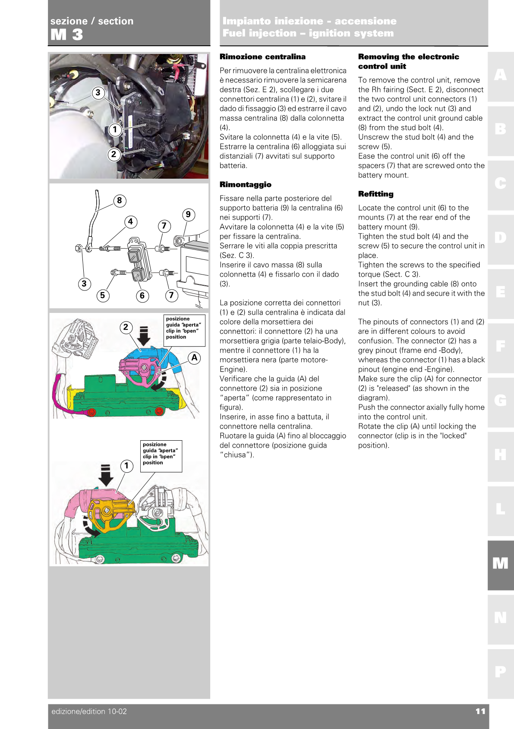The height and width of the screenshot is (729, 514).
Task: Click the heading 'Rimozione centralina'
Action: pyautogui.click(x=262, y=57)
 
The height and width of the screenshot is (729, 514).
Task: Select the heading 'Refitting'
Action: pyautogui.click(x=375, y=194)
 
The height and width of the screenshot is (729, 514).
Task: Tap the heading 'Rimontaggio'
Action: pyautogui.click(x=245, y=184)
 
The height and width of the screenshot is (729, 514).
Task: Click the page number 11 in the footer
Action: pyautogui.click(x=480, y=711)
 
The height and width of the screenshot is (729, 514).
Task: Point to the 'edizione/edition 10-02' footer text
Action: pyautogui.click(x=89, y=711)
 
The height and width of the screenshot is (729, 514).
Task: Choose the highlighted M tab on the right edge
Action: pyautogui.click(x=500, y=564)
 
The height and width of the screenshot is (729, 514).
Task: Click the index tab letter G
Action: pyautogui.click(x=500, y=401)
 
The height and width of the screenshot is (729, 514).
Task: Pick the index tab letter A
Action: pyautogui.click(x=500, y=75)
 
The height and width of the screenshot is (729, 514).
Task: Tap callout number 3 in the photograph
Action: pyautogui.click(x=98, y=92)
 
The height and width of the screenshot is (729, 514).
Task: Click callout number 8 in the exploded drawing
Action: pyautogui.click(x=120, y=200)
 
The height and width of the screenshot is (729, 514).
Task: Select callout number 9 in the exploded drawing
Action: pyautogui.click(x=188, y=215)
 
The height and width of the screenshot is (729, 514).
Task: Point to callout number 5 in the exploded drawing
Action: pyautogui.click(x=102, y=295)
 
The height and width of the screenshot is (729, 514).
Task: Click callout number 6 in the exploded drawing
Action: pyautogui.click(x=142, y=296)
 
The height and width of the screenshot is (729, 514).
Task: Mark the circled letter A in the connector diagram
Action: pyautogui.click(x=195, y=357)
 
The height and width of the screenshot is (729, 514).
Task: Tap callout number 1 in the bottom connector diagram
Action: pyautogui.click(x=126, y=466)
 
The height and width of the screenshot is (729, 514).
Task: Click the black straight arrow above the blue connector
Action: pyautogui.click(x=144, y=336)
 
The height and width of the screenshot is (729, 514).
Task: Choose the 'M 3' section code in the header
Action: pyautogui.click(x=67, y=35)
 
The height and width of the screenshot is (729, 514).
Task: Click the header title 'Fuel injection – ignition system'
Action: pyautogui.click(x=308, y=33)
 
